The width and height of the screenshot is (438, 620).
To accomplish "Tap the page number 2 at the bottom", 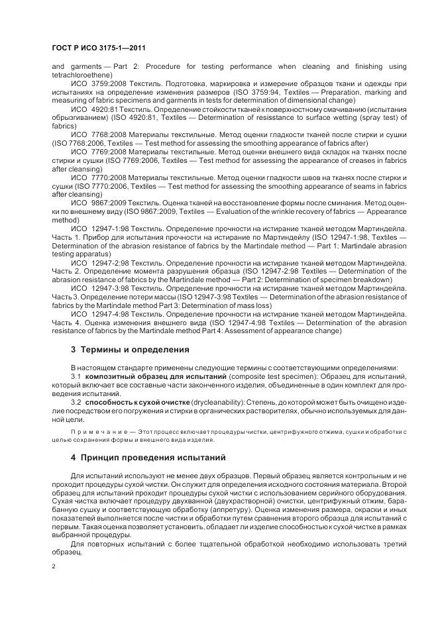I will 54,567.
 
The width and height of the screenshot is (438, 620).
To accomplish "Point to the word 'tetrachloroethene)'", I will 78,75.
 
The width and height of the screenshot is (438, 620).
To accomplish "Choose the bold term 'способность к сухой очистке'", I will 138,401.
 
